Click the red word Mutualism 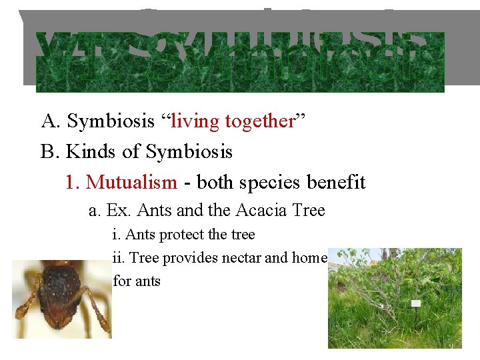click(x=131, y=182)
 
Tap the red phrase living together click(x=233, y=121)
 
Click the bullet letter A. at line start click(x=51, y=121)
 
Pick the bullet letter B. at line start click(x=51, y=152)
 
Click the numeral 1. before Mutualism click(x=73, y=182)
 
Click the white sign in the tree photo click(x=416, y=303)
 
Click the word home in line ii click(x=309, y=258)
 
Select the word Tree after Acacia click(x=309, y=211)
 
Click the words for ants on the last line click(x=137, y=281)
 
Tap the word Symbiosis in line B click(x=189, y=152)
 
